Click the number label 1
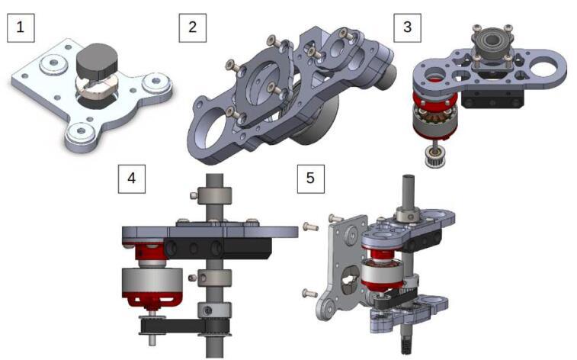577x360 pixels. pyautogui.click(x=21, y=28)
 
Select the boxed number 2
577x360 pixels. pyautogui.click(x=192, y=28)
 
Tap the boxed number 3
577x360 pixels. pyautogui.click(x=407, y=28)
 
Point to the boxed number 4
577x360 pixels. pyautogui.click(x=132, y=179)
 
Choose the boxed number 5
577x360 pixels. pyautogui.click(x=311, y=179)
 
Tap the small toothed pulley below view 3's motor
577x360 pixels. pyautogui.click(x=434, y=156)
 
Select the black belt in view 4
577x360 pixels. pyautogui.click(x=184, y=327)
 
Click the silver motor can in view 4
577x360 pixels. pyautogui.click(x=152, y=281)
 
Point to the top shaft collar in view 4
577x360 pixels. pyautogui.click(x=214, y=195)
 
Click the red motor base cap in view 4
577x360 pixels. pyautogui.click(x=152, y=300)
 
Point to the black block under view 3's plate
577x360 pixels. pyautogui.click(x=492, y=98)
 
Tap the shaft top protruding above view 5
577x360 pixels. pyautogui.click(x=409, y=191)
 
